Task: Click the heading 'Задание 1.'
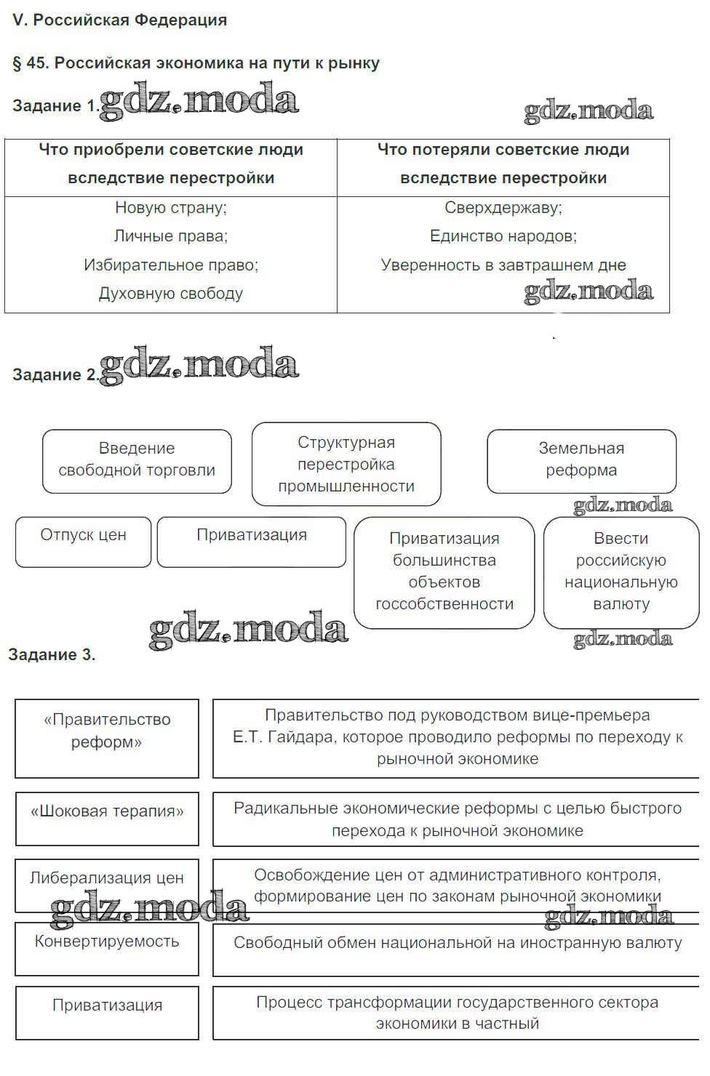tap(55, 106)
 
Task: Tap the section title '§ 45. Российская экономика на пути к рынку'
tap(196, 63)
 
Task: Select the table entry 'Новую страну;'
tap(171, 208)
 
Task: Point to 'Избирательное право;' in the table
tap(171, 265)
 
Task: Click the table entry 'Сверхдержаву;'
tap(503, 208)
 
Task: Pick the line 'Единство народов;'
tap(503, 236)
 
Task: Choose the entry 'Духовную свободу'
tap(171, 294)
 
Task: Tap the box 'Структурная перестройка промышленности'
tap(346, 465)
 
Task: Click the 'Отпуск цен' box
tap(83, 542)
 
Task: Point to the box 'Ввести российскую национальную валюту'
tap(621, 572)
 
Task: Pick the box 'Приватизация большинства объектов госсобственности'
tap(444, 572)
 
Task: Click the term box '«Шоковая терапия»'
tap(107, 819)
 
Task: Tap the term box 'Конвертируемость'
tap(107, 948)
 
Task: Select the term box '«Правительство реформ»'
tap(107, 737)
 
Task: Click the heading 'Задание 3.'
tap(52, 655)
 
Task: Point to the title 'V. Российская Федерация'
tap(119, 20)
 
